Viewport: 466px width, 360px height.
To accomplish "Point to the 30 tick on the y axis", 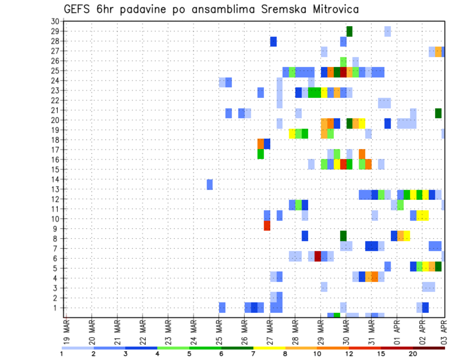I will pyautogui.click(x=55, y=21).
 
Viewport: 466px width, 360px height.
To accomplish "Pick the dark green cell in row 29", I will pyautogui.click(x=349, y=31).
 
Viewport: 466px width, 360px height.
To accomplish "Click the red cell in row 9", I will pyautogui.click(x=267, y=226).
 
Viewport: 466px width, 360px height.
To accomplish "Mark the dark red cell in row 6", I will pyautogui.click(x=318, y=256).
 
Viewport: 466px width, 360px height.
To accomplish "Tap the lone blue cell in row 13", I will pyautogui.click(x=210, y=184).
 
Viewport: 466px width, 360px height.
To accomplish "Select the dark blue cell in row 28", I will pyautogui.click(x=273, y=41).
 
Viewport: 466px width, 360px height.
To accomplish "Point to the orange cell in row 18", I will pyautogui.click(x=261, y=144).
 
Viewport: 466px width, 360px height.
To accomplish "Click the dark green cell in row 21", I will pyautogui.click(x=438, y=113).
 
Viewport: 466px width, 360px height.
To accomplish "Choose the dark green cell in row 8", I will pyautogui.click(x=343, y=236).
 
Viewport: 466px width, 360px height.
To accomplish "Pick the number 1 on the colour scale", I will pyautogui.click(x=62, y=354).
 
